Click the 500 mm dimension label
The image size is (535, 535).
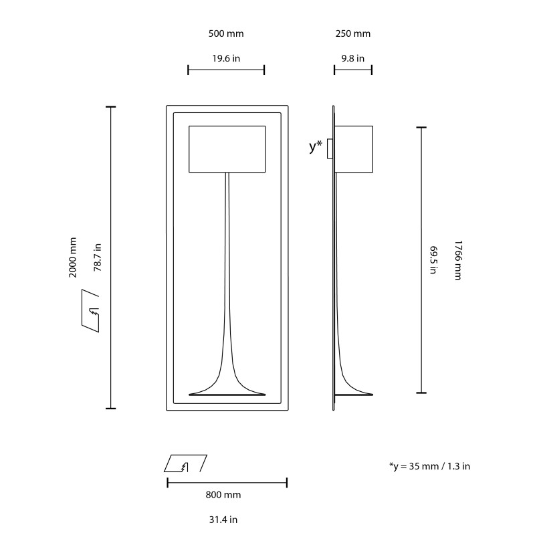pos(226,33)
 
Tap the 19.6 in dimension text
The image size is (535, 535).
pos(226,58)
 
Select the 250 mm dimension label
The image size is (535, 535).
pos(352,33)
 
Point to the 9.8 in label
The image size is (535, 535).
pos(352,58)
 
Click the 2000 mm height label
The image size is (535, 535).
pos(73,257)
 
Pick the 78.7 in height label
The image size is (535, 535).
pos(97,257)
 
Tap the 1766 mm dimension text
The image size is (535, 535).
pos(457,259)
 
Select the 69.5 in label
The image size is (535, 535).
pos(433,259)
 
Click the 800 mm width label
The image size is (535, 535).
pos(223,495)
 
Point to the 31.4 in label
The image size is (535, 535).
pos(223,519)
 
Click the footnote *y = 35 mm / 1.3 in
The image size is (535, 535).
pos(429,466)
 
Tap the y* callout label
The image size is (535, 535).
pos(316,146)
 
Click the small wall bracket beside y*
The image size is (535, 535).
pos(330,148)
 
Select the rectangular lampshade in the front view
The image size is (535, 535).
pos(227,148)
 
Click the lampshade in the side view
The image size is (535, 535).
pos(353,148)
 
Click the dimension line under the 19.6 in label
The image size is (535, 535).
pos(226,70)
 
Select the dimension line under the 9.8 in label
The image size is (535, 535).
pos(352,70)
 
